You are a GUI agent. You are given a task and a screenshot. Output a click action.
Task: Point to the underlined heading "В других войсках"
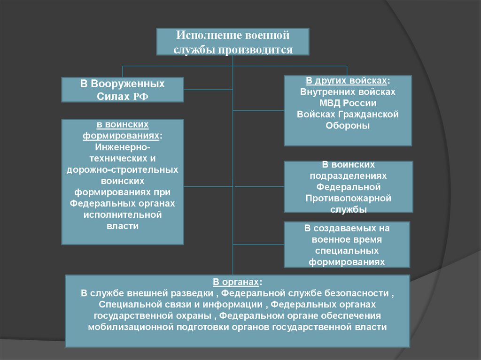coord(347,80)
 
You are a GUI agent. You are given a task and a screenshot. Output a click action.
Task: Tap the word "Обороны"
coord(347,126)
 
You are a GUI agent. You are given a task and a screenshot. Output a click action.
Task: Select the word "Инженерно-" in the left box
coord(122,147)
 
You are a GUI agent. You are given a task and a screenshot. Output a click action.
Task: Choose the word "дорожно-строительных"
coord(122,169)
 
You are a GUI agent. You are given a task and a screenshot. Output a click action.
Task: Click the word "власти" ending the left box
coord(122,226)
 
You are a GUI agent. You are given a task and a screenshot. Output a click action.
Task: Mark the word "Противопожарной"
coord(348,198)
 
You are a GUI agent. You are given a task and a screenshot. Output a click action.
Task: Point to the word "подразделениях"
coord(348,176)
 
